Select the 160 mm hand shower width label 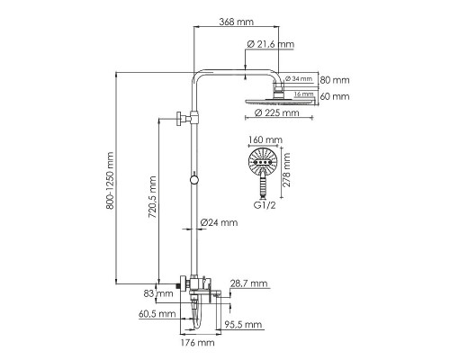tap(266, 140)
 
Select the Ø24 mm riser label tap(219, 222)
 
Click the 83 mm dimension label tap(164, 293)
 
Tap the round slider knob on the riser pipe tap(194, 183)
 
